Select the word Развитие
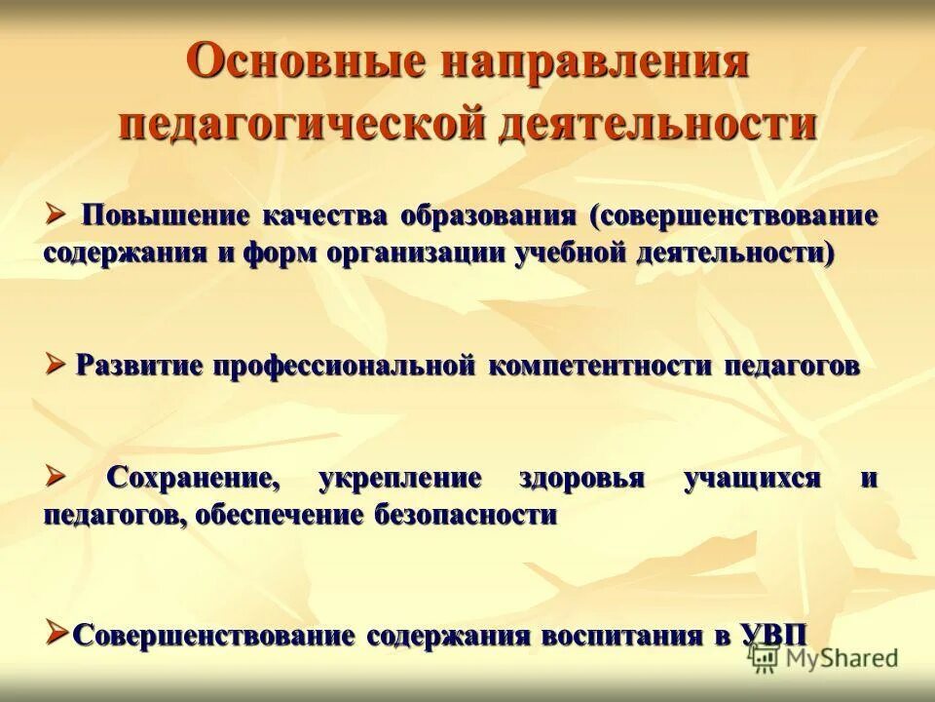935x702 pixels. click(x=139, y=366)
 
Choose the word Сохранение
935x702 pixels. click(x=188, y=479)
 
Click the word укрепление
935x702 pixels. click(x=400, y=479)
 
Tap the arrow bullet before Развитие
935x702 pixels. click(x=55, y=364)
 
